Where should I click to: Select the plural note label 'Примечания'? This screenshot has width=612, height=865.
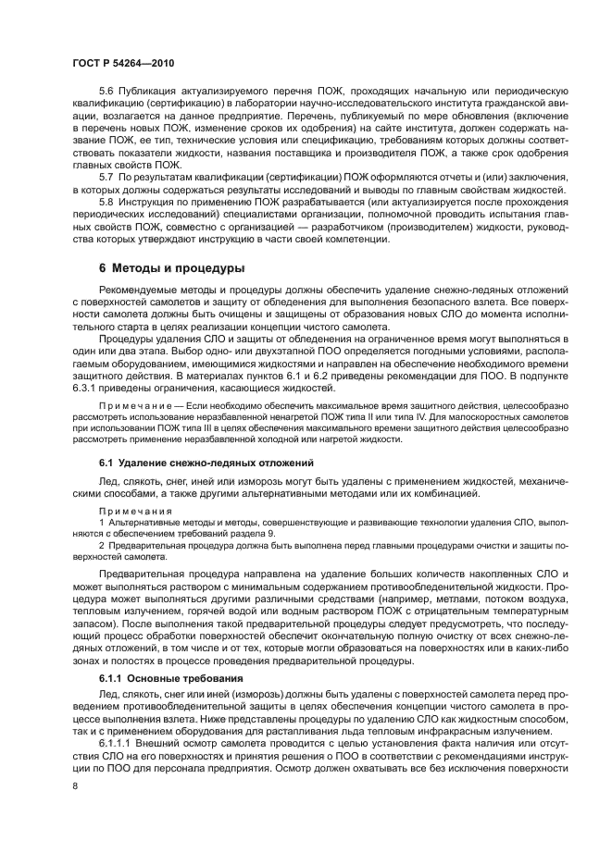135,510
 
